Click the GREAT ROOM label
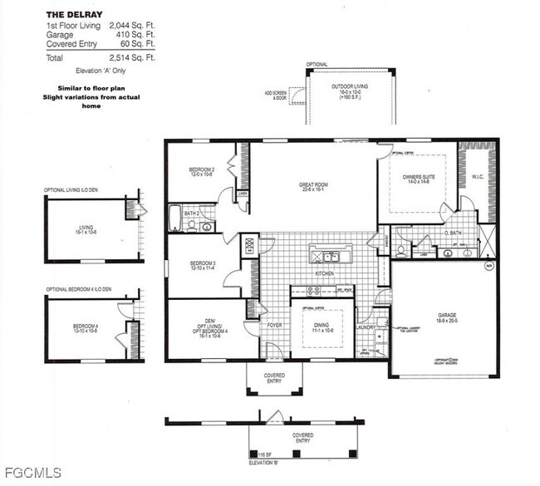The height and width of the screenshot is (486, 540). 316,184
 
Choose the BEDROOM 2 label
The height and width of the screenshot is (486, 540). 202,170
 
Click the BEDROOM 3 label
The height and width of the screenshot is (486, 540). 202,264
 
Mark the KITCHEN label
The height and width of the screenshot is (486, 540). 323,273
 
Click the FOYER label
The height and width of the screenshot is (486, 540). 273,325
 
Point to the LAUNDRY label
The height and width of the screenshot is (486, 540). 366,327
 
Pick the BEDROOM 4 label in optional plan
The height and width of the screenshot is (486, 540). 85,326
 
